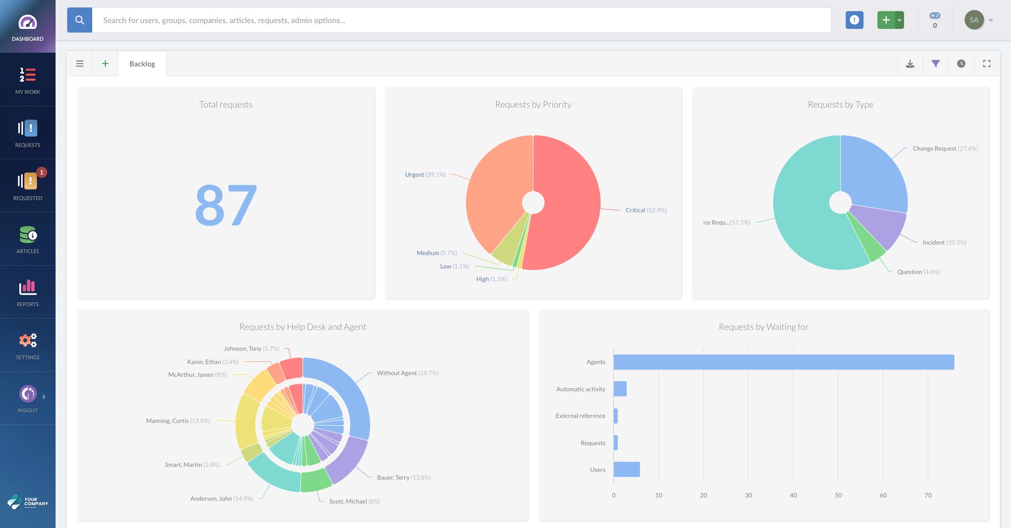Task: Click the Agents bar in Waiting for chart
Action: tap(783, 362)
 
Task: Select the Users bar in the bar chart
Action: tap(627, 470)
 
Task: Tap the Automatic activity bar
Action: tap(620, 389)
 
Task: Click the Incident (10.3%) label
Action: tap(944, 243)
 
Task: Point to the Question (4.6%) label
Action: tap(918, 272)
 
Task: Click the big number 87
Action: tap(226, 206)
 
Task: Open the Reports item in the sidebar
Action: tap(28, 292)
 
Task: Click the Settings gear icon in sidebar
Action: tap(28, 341)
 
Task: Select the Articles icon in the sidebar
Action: tap(28, 235)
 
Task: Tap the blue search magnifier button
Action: tap(79, 20)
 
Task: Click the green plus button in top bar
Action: tap(886, 20)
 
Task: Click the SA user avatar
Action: tap(974, 20)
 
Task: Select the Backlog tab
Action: tap(142, 64)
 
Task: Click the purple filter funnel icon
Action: tap(935, 64)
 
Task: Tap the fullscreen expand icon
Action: tap(987, 64)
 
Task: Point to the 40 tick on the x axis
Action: tap(793, 495)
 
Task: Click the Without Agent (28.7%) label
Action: tap(407, 373)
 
